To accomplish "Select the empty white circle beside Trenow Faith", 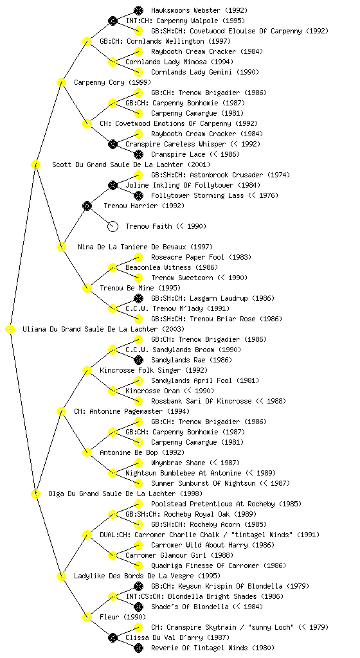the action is coord(113,226).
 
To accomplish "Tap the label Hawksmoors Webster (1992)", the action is coord(199,10).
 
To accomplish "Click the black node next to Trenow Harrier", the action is coord(87,206).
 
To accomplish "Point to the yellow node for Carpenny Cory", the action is coord(61,82).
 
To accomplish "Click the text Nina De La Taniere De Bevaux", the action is coord(132,247).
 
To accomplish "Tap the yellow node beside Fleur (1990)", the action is coord(87,617).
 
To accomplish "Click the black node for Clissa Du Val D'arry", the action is coord(113,637).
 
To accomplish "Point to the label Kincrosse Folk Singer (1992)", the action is coord(154,370).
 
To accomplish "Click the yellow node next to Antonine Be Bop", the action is coord(87,452).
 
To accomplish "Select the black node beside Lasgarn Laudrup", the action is coord(138,298).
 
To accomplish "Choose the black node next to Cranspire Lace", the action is coord(138,154).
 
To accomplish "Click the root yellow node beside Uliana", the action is coord(10,329).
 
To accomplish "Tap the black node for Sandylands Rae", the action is coord(138,360).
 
